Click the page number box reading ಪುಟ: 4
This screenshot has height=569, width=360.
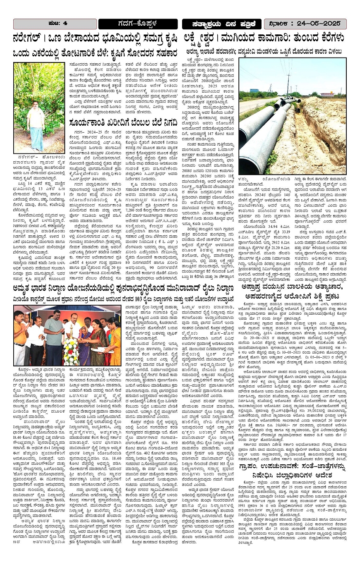coord(55,24)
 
